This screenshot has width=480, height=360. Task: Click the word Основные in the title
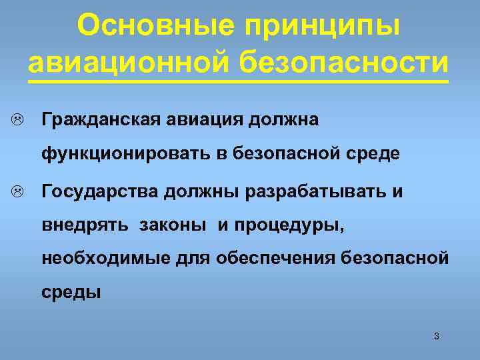click(155, 26)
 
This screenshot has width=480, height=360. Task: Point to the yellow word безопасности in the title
click(342, 61)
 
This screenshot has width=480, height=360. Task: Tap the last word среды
click(71, 291)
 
